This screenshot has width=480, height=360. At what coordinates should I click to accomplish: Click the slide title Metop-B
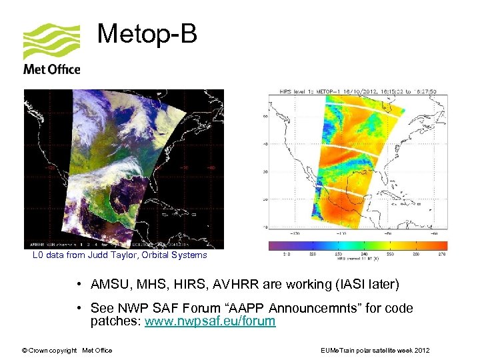point(147,34)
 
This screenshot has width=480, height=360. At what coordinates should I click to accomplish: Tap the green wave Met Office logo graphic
point(51,41)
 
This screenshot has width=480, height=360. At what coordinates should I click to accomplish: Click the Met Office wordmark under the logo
point(51,69)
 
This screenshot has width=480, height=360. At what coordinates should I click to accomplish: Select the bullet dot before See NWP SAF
point(79,309)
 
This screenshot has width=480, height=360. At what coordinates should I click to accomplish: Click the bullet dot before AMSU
point(79,285)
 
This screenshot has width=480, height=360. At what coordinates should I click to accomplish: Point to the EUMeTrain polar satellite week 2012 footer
point(375,350)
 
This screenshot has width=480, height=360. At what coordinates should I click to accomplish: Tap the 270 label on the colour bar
point(441,255)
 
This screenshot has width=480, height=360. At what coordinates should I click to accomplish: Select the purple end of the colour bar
point(273,245)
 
